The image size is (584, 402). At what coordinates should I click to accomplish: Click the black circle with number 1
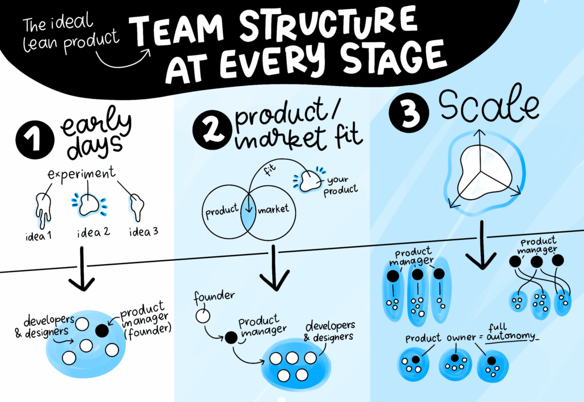point(35,140)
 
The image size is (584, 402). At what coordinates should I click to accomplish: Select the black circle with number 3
point(409,112)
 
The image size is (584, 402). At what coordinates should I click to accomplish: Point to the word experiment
point(82,174)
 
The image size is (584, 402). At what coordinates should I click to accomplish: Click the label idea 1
point(39,236)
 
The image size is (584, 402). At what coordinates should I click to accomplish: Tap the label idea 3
point(144,232)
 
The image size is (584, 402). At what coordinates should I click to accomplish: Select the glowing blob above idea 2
point(89,205)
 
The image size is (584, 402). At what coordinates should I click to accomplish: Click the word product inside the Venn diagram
point(222,211)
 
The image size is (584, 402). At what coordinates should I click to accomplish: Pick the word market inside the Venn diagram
point(273,209)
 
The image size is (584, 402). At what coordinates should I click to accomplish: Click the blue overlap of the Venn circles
point(248,215)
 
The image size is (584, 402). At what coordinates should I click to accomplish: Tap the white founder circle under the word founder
point(202,316)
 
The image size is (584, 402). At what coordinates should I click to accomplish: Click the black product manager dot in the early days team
point(101,331)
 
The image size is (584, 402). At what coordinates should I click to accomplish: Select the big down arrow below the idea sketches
point(82,269)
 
